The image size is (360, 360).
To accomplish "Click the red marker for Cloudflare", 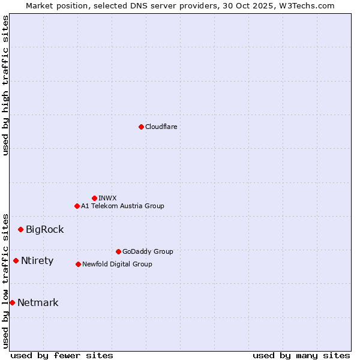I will click(x=141, y=127).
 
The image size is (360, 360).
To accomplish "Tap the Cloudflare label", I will click(x=161, y=127).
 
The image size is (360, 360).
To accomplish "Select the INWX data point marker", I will click(x=94, y=198).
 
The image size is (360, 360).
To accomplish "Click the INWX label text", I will click(x=107, y=198).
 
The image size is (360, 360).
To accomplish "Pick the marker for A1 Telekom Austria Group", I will click(x=77, y=206).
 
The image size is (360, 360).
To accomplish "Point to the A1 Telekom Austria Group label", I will click(x=122, y=206).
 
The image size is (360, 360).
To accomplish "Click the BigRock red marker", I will click(x=20, y=229).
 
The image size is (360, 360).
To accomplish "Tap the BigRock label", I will click(x=44, y=229).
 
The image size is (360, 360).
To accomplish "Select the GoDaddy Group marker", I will click(x=118, y=251).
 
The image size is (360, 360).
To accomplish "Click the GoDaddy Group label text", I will click(x=148, y=251).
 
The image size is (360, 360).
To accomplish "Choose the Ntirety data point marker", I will click(x=16, y=260).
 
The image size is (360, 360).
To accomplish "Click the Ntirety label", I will click(x=37, y=260).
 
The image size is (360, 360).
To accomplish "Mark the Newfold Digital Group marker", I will click(x=78, y=264).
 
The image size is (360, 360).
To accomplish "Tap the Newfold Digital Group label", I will click(x=117, y=264).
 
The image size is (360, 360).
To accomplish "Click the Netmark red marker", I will click(x=12, y=302).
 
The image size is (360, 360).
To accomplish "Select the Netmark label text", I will click(x=38, y=302).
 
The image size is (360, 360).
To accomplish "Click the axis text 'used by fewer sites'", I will click(x=62, y=355).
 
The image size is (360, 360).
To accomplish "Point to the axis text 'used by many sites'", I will click(x=301, y=355).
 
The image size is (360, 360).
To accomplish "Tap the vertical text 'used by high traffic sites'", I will click(x=5, y=85).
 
